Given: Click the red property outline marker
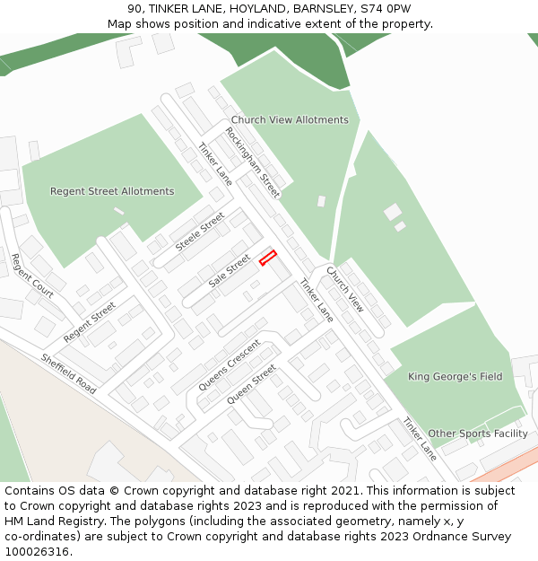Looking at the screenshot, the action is (x=267, y=258).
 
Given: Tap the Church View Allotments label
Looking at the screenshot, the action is (x=290, y=119).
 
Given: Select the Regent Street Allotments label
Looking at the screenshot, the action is (x=112, y=191).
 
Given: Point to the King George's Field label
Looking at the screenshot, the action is (x=456, y=376).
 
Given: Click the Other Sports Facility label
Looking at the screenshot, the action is (x=478, y=434).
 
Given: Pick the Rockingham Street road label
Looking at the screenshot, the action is (x=253, y=162).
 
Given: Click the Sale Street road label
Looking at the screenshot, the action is (x=230, y=271).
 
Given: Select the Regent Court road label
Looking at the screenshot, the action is (x=32, y=276).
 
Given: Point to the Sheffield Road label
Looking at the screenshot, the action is (x=68, y=373).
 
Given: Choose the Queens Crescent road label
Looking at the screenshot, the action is (x=230, y=365).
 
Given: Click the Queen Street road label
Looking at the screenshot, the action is (x=251, y=383).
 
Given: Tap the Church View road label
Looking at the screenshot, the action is (x=345, y=288).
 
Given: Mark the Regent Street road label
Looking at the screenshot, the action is (x=90, y=322).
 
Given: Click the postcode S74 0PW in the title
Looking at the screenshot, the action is (x=386, y=8).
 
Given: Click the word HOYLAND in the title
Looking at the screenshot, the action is (x=242, y=8).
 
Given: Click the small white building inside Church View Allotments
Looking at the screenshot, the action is (x=321, y=201).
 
